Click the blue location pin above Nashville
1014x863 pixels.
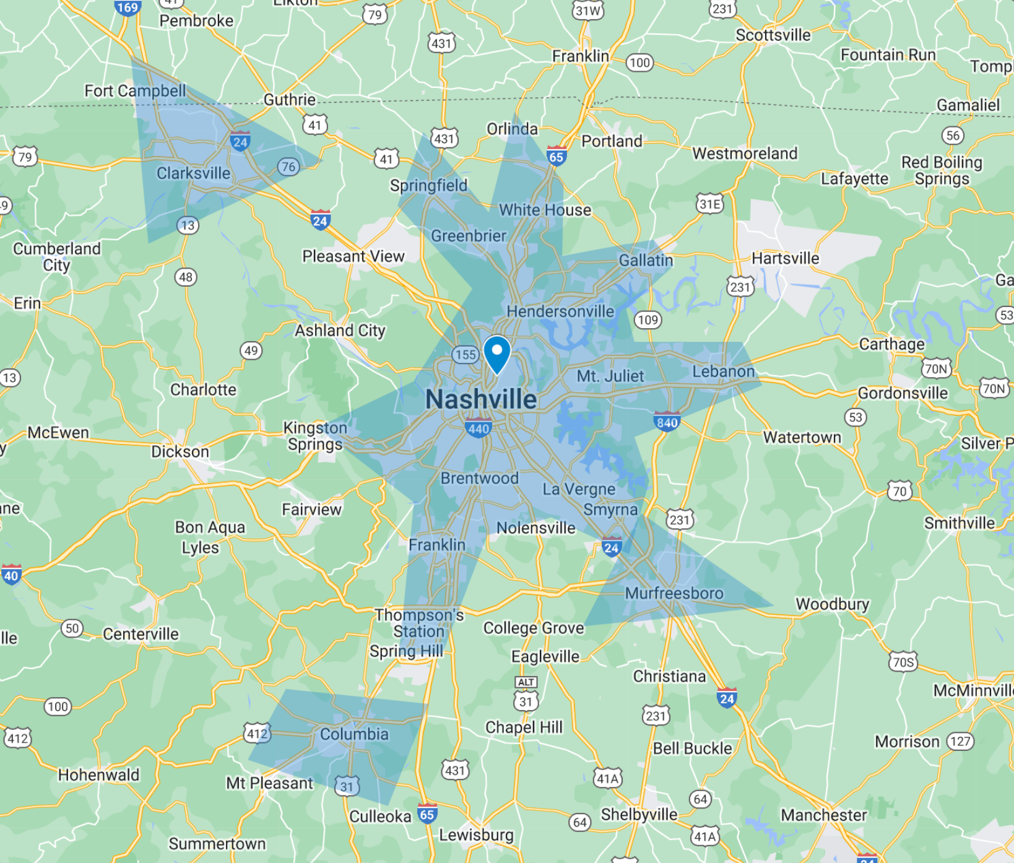pyautogui.click(x=496, y=353)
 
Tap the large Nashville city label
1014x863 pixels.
pyautogui.click(x=481, y=399)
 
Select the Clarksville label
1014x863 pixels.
pyautogui.click(x=193, y=173)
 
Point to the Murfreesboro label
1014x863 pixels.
pyautogui.click(x=674, y=593)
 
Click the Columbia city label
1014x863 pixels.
pyautogui.click(x=354, y=734)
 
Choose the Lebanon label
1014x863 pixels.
pyautogui.click(x=723, y=371)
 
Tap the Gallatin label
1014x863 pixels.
pyautogui.click(x=646, y=261)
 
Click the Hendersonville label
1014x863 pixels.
pyautogui.click(x=560, y=311)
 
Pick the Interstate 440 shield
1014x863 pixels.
pyautogui.click(x=479, y=428)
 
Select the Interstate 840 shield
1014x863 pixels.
pyautogui.click(x=667, y=422)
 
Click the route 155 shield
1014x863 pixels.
pyautogui.click(x=465, y=355)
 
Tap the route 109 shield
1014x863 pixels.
pyautogui.click(x=648, y=320)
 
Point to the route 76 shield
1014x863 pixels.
pyautogui.click(x=288, y=167)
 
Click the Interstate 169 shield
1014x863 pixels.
pyautogui.click(x=127, y=8)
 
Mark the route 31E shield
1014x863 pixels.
pyautogui.click(x=709, y=204)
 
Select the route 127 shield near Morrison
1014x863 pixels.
pyautogui.click(x=960, y=742)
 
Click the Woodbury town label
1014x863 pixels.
pyautogui.click(x=832, y=604)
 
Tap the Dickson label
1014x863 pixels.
pyautogui.click(x=180, y=452)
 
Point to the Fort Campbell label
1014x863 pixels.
pyautogui.click(x=135, y=91)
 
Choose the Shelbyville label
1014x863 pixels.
pyautogui.click(x=639, y=814)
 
